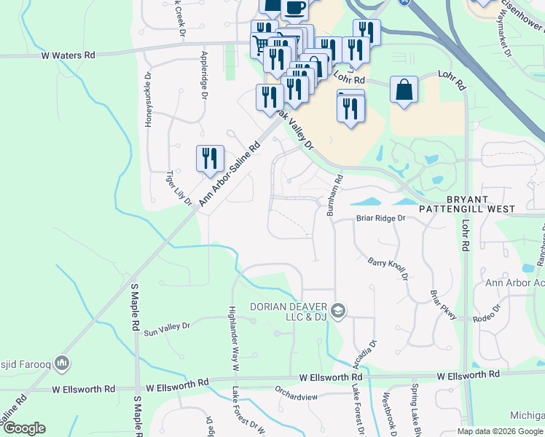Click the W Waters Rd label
[x=68, y=55]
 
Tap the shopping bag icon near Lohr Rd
[x=404, y=90]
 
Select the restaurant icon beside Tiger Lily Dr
[x=209, y=159]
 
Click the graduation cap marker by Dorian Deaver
[x=337, y=311]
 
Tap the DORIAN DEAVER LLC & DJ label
[x=289, y=311]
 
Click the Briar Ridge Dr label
[x=380, y=219]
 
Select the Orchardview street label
[x=297, y=397]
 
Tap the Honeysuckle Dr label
[x=148, y=98]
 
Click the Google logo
[x=23, y=428]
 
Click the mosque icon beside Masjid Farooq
[x=63, y=362]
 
